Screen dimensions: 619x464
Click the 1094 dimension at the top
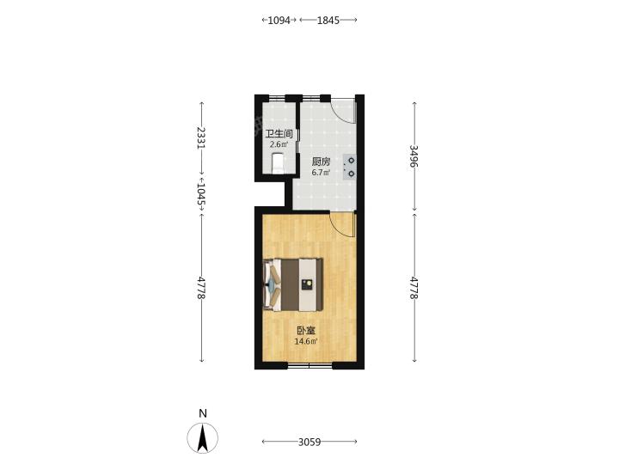click(x=279, y=20)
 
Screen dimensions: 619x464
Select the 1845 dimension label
click(x=328, y=20)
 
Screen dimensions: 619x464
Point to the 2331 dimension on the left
click(x=201, y=137)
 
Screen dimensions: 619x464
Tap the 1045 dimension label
click(x=201, y=194)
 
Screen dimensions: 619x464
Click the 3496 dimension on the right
click(x=414, y=156)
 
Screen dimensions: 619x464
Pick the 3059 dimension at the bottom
click(x=309, y=442)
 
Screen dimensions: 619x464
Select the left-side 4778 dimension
click(x=201, y=288)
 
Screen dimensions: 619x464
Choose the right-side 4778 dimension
click(x=414, y=288)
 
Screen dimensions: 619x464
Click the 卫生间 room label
click(x=279, y=134)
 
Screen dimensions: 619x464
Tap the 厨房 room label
click(x=321, y=162)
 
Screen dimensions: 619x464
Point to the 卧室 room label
click(x=306, y=331)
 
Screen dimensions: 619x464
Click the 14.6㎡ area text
click(x=306, y=342)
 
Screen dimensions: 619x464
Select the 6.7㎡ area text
click(x=321, y=173)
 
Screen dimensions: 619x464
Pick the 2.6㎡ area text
click(x=279, y=145)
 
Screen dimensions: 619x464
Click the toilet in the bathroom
click(x=279, y=163)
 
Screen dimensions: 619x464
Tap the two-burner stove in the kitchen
click(x=349, y=167)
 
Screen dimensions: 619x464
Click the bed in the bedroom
click(x=293, y=284)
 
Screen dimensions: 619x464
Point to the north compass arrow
click(x=203, y=438)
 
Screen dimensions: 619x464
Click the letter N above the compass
click(x=203, y=413)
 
